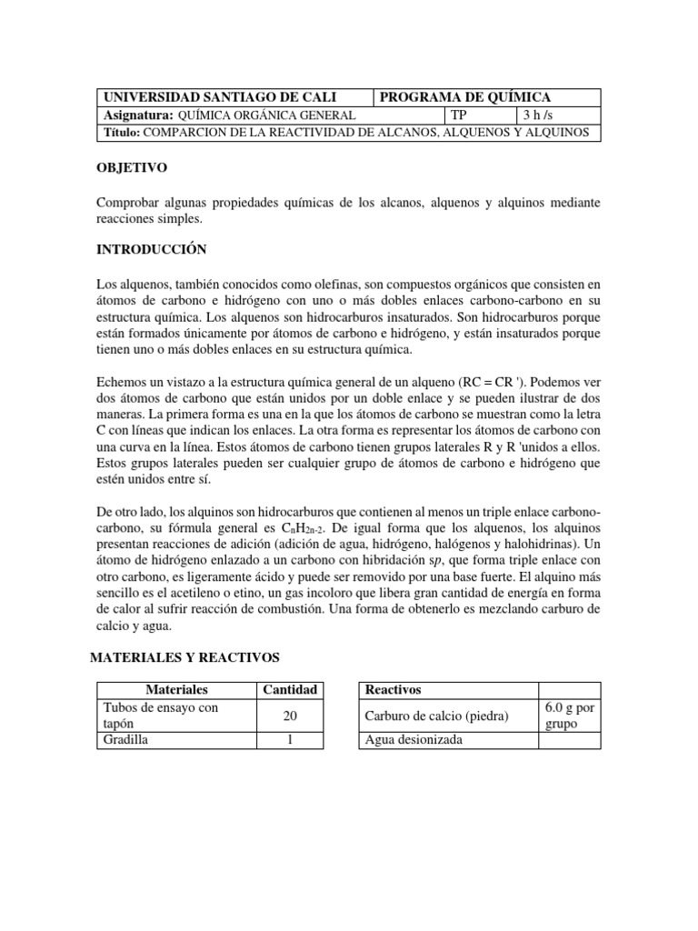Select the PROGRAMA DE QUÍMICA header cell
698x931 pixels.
pos(465,97)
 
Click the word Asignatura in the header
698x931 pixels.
pos(137,115)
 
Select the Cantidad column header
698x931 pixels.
pos(290,690)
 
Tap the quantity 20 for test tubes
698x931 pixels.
pos(290,716)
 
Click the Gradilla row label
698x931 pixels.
pos(127,740)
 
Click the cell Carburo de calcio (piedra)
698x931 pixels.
pos(436,716)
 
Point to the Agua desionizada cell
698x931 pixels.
pos(414,740)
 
